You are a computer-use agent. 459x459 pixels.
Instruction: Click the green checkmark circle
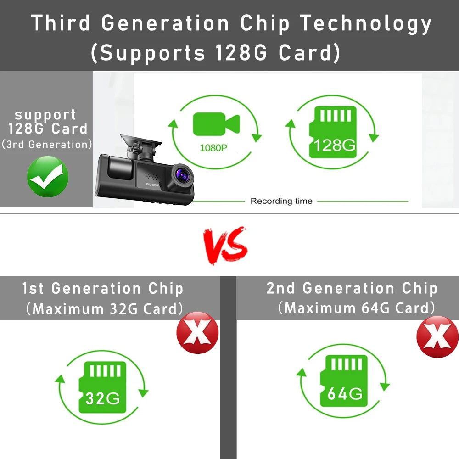click(48, 177)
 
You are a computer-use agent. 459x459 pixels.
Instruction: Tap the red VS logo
click(225, 245)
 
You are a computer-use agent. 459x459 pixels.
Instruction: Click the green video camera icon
click(216, 124)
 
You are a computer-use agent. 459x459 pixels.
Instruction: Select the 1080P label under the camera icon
click(213, 147)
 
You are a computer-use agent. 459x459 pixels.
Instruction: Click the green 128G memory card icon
click(333, 132)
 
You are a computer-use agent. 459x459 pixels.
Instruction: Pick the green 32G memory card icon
click(102, 387)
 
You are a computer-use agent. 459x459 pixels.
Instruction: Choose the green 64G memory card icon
click(344, 381)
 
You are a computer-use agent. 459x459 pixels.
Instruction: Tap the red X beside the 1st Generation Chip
click(197, 332)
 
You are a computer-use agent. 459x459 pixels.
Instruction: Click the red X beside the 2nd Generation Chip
click(437, 336)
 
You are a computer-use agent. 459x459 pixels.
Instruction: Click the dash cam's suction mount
click(141, 147)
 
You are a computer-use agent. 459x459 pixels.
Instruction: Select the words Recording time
click(281, 201)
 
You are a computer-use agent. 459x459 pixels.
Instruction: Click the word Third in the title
click(61, 23)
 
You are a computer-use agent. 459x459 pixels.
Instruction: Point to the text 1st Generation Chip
click(103, 289)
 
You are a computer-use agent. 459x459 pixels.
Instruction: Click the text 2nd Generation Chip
click(352, 288)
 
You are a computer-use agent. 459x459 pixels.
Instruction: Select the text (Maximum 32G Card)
click(105, 309)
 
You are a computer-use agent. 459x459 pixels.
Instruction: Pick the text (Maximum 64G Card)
click(356, 308)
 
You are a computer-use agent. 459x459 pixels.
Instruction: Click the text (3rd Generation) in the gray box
click(47, 144)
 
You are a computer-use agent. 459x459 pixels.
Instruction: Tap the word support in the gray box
click(45, 115)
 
